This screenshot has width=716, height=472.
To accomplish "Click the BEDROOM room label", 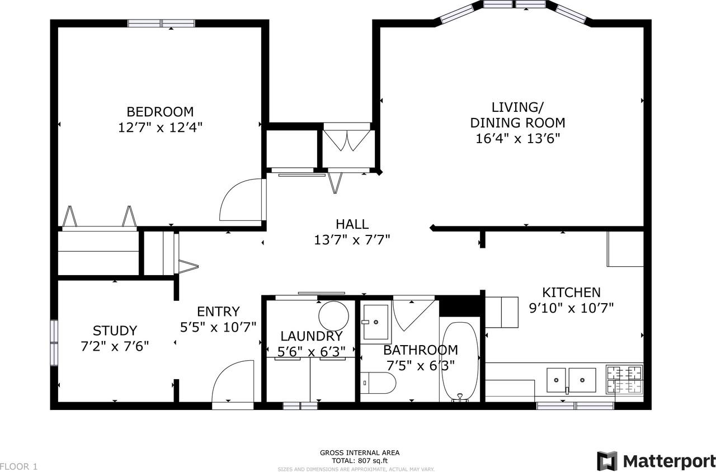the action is coord(160,112).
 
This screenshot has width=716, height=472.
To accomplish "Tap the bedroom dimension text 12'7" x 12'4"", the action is coord(160,128).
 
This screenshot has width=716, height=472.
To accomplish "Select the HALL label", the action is coord(352,224).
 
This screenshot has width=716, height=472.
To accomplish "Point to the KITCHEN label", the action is coord(571,292).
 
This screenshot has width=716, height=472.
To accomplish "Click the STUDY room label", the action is coord(115,331).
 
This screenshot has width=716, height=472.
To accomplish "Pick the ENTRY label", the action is coord(218,311).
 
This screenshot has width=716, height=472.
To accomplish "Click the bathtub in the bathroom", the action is coord(460,361).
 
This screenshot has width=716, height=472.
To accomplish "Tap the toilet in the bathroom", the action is coord(378,383).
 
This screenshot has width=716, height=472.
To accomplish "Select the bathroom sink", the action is coord(376,322).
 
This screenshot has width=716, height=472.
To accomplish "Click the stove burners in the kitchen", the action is coord(625,380).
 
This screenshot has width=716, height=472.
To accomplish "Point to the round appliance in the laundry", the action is coord(334,316).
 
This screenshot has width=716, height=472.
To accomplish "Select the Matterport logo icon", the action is coord(607,461).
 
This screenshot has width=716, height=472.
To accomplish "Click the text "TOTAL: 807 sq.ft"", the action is coord(360,460).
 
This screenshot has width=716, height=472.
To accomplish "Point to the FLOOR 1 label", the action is coord(19,466).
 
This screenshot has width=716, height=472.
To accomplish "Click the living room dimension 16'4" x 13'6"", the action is coord(518,139).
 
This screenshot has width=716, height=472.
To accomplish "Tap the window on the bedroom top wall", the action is coord(161,23).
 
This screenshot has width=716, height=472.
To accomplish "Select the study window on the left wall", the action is coord(54,343).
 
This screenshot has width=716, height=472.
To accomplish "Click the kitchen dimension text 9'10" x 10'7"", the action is coord(571,308).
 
